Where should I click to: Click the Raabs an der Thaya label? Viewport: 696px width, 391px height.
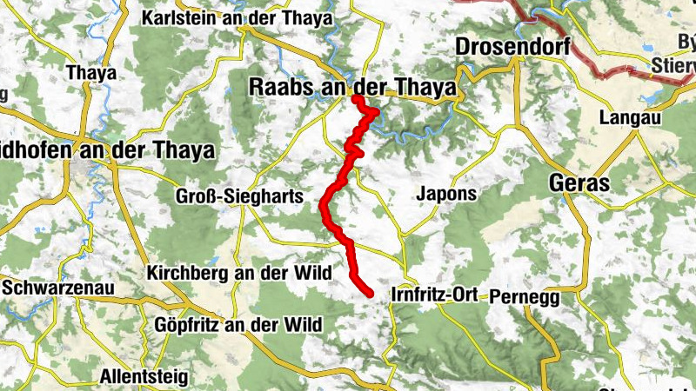pyautogui.click(x=352, y=87)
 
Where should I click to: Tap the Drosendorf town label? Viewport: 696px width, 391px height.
pyautogui.click(x=512, y=46)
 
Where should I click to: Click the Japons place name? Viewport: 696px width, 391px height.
pyautogui.click(x=447, y=193)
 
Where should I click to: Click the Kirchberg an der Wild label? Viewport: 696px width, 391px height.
pyautogui.click(x=239, y=273)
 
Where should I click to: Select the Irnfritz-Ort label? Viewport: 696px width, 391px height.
pyautogui.click(x=436, y=295)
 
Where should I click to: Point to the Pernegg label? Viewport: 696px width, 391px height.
pyautogui.click(x=522, y=296)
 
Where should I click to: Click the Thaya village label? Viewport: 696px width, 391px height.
pyautogui.click(x=91, y=73)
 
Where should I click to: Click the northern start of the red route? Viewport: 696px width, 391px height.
pyautogui.click(x=356, y=99)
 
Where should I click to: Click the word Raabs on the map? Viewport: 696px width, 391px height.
pyautogui.click(x=278, y=87)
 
